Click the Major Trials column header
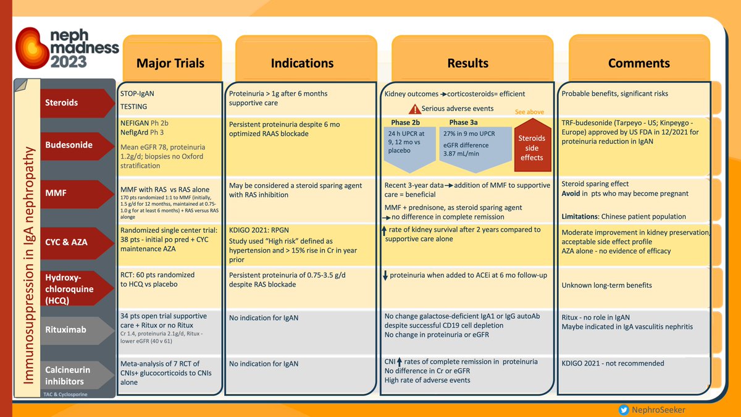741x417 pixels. click(170, 63)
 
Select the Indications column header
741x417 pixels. click(302, 63)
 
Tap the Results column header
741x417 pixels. click(467, 63)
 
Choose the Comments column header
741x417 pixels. click(638, 63)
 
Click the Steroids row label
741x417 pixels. click(62, 103)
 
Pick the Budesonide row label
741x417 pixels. click(69, 145)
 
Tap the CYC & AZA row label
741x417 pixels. click(67, 242)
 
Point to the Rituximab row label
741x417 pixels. click(66, 329)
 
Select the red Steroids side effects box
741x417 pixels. click(532, 148)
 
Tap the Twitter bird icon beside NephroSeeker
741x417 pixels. click(625, 409)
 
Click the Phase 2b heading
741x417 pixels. click(405, 122)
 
